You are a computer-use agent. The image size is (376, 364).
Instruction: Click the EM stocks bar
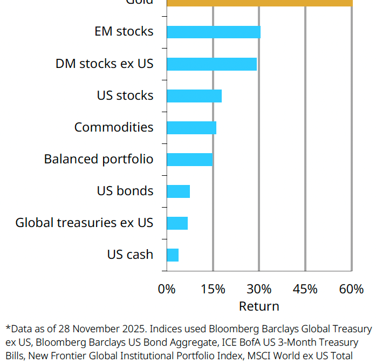[213, 32]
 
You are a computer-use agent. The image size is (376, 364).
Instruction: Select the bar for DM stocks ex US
[211, 64]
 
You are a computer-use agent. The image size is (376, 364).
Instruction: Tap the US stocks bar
[194, 96]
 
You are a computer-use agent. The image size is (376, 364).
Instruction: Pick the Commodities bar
[191, 128]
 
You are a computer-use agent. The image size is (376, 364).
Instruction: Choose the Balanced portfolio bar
[189, 160]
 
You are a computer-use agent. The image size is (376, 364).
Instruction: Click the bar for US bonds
[178, 191]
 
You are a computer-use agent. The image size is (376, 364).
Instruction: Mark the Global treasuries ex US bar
[177, 223]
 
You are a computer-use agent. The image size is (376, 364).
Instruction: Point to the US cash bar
[173, 255]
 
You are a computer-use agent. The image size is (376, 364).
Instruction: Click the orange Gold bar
[259, 3]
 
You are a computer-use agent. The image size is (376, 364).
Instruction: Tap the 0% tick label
[167, 289]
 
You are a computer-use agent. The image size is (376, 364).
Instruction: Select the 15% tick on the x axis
[213, 289]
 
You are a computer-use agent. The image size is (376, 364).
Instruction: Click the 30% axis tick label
[259, 289]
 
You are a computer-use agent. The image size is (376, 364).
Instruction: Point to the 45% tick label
[305, 289]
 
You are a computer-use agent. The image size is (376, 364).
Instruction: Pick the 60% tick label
[352, 289]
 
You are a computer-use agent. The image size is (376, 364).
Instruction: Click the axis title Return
[259, 306]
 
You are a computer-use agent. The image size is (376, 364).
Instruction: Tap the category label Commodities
[114, 128]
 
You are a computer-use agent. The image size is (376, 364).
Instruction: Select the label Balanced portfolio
[99, 160]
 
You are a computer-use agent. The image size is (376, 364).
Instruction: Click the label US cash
[130, 255]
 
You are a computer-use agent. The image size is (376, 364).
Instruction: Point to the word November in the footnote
[95, 329]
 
